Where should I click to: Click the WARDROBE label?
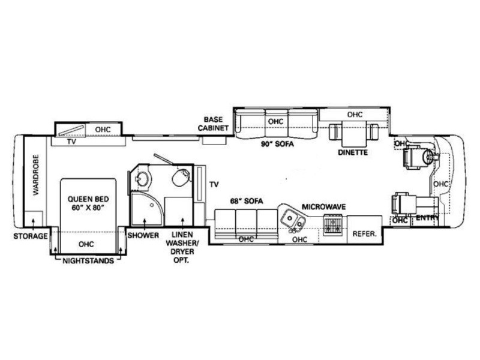35,181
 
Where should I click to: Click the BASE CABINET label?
214,123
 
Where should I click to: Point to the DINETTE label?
353,152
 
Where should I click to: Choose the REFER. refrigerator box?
364,233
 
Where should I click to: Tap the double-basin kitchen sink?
293,221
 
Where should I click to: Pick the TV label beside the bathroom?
214,185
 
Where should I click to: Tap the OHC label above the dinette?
355,114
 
